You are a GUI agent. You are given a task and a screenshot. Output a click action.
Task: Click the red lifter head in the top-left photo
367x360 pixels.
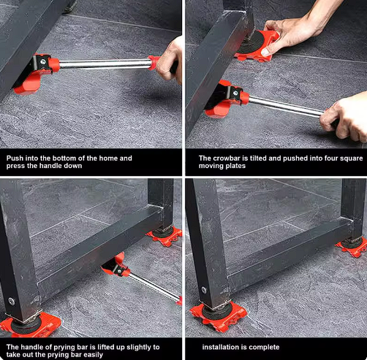pos(33,73)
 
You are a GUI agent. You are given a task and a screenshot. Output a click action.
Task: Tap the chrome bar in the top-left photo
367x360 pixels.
pos(102,64)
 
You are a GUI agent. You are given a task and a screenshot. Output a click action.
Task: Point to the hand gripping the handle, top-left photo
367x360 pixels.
pos(170,58)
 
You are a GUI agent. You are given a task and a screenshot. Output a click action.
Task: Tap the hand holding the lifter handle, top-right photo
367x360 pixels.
pos(344,117)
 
